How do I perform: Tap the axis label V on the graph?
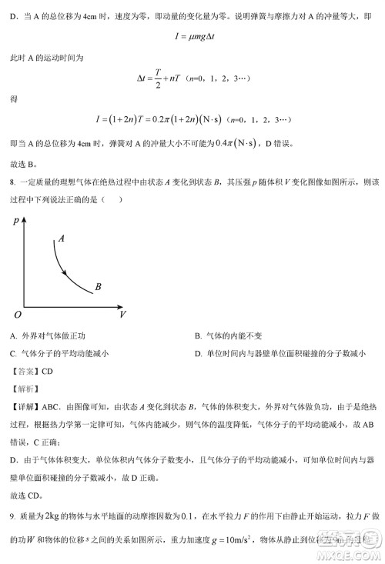tap(122, 315)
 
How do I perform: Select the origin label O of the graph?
tap(16, 315)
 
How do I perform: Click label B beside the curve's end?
tap(99, 288)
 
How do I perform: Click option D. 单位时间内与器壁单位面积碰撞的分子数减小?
tap(280, 354)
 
